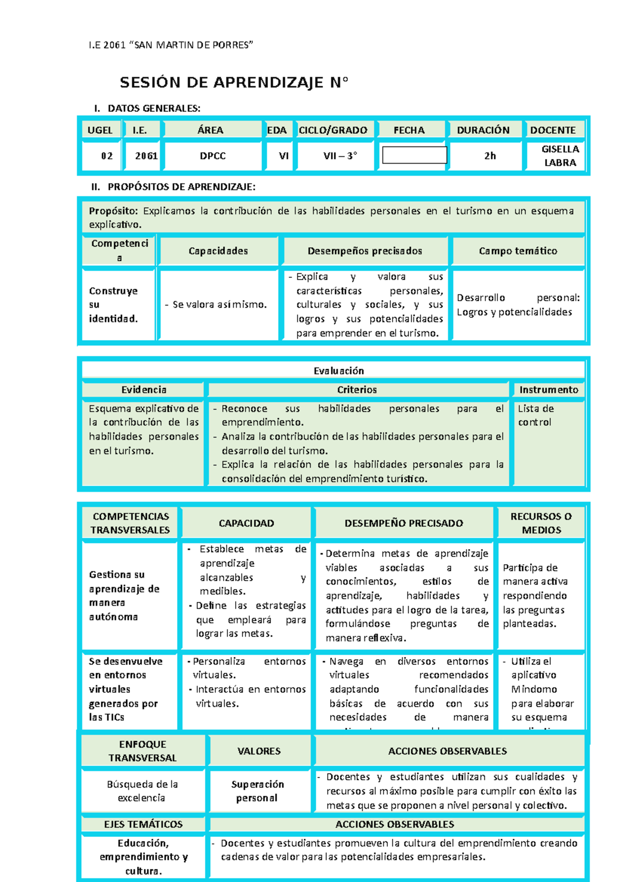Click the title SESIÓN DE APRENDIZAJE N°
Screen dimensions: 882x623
coord(234,83)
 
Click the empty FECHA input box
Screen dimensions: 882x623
coord(414,155)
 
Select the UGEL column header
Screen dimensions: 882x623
coord(100,130)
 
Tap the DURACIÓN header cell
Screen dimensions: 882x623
coord(483,130)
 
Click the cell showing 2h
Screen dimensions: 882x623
coord(490,156)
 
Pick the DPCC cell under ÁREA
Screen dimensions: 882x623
coord(212,156)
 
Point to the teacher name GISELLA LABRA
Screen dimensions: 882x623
coord(560,156)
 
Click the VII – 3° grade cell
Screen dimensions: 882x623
coord(340,156)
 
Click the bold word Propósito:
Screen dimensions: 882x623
coord(113,211)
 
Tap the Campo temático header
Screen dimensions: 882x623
coord(518,251)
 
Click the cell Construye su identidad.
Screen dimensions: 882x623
coord(114,305)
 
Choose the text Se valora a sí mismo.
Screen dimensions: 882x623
coord(219,305)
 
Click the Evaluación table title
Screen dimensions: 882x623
coord(338,371)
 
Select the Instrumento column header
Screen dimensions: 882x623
coord(548,390)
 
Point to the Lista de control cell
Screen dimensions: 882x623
coord(536,416)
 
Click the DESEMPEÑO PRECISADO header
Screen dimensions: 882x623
coord(403,523)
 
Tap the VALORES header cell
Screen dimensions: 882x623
coord(259,751)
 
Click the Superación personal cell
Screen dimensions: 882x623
coord(258,791)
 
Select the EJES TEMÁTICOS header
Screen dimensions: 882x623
coord(143,824)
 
